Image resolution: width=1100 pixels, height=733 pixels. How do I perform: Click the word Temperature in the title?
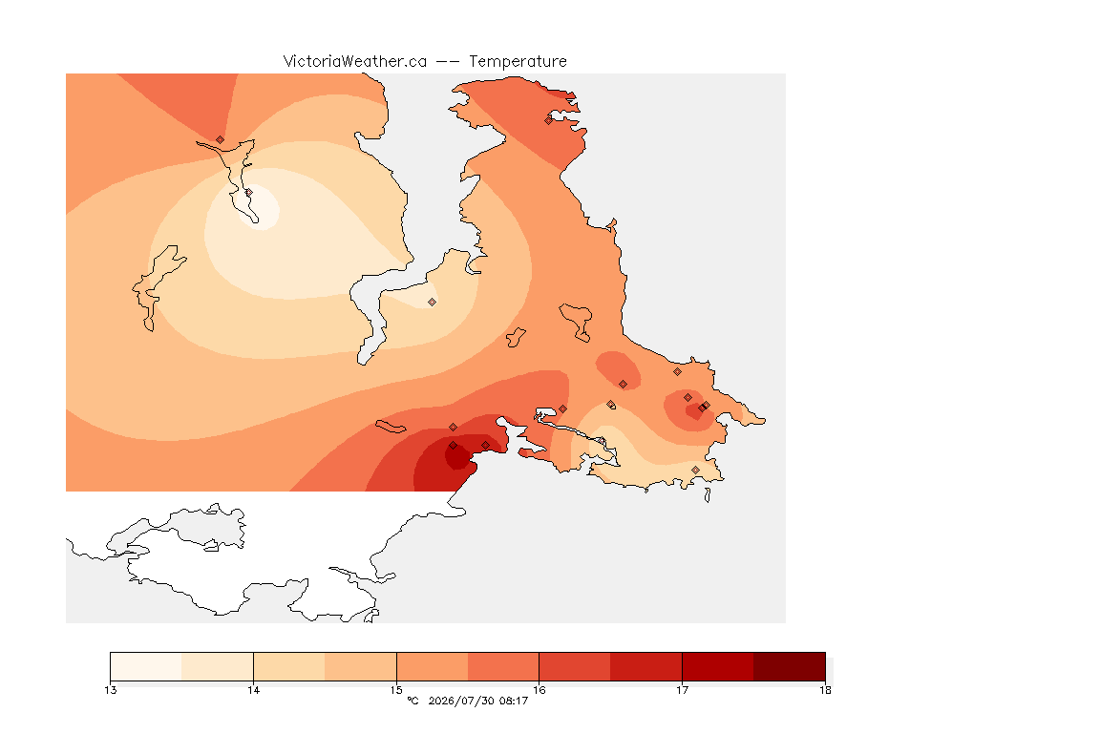518,62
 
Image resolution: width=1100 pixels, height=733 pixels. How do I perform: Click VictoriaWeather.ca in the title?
355,62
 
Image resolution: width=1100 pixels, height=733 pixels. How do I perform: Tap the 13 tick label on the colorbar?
110,690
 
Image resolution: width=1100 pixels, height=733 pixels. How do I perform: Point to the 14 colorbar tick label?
253,690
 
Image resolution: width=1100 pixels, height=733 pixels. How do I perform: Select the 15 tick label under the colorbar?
396,690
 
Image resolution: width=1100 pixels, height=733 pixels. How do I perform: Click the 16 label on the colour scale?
539,690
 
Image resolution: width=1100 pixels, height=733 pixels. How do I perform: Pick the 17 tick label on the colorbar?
682,690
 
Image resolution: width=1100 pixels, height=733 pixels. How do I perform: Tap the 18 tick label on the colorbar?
825,690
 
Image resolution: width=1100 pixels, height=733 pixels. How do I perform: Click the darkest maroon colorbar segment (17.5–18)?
790,666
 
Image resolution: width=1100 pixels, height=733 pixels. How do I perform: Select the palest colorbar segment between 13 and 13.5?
146,666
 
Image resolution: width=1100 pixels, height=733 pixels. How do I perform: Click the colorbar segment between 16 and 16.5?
575,666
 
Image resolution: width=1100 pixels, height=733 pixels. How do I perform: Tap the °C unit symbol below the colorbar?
412,701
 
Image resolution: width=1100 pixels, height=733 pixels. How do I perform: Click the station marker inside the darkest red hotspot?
454,446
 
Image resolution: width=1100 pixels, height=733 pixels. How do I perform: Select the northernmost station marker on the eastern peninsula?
549,120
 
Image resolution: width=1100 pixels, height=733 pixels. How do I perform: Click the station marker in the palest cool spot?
248,192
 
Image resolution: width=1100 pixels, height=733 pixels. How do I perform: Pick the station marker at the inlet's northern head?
221,140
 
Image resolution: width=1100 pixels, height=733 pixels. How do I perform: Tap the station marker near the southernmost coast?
695,470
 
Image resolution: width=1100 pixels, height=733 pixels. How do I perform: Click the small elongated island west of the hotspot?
391,427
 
